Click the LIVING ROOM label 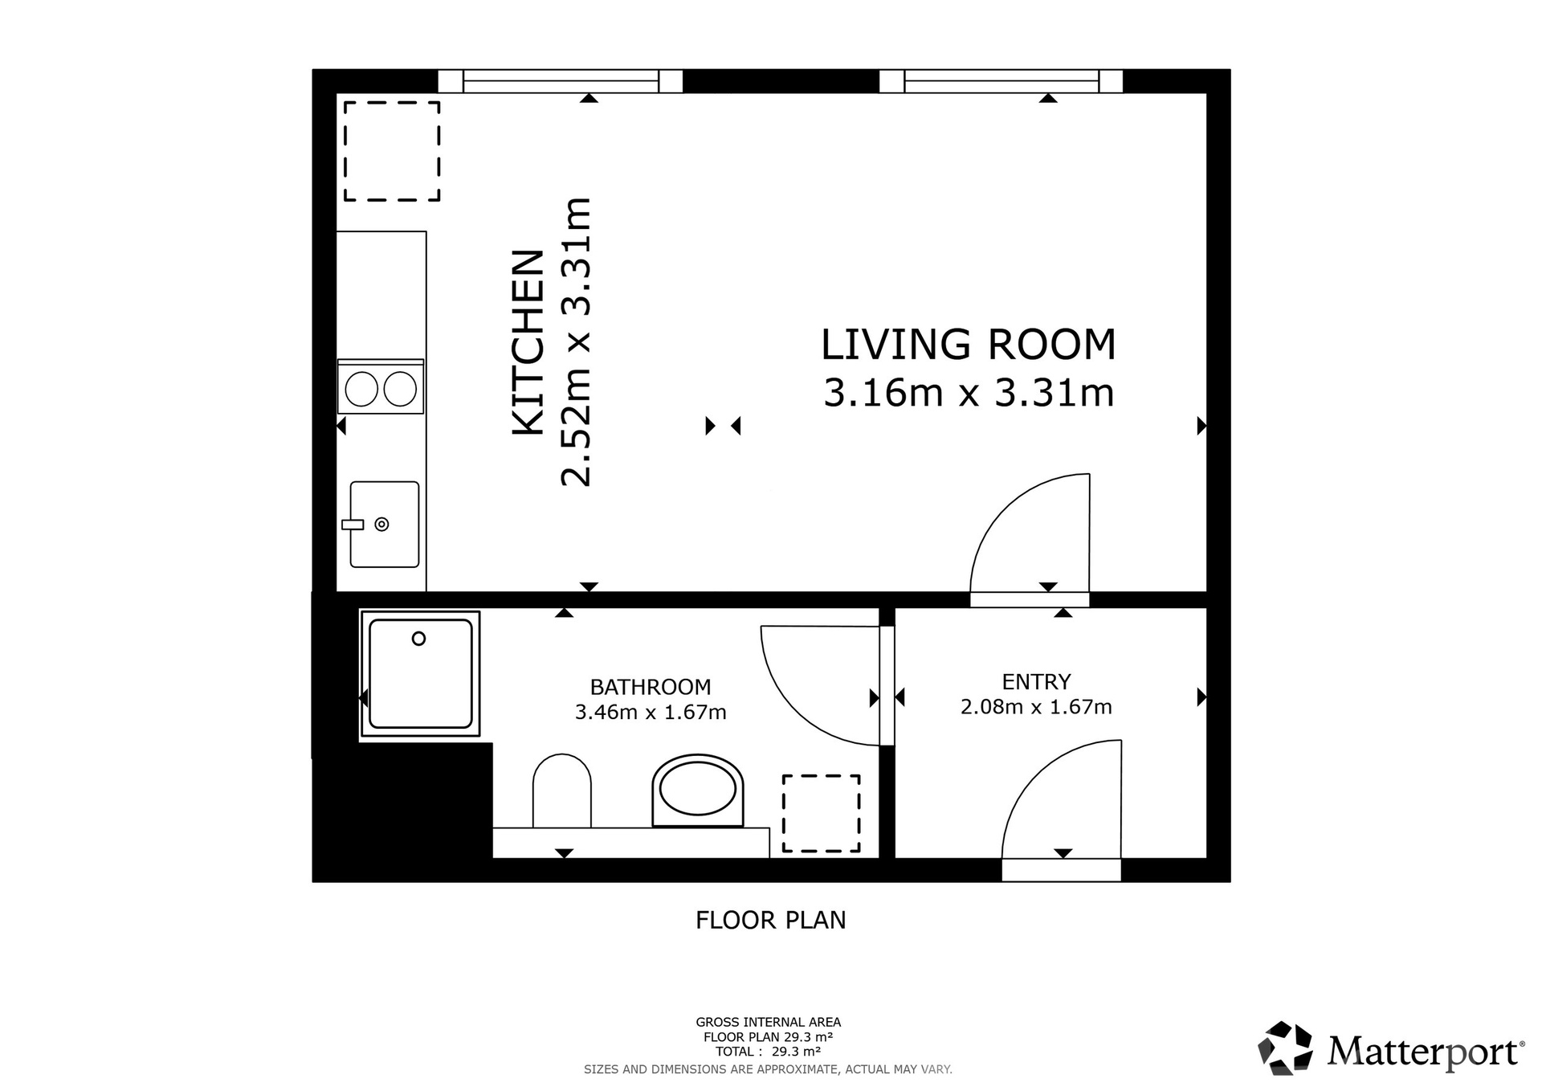968,344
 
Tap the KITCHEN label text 529,343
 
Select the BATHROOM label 651,687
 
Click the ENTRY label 1036,681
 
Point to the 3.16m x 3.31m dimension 969,393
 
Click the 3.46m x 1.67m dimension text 651,712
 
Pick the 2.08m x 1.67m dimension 1036,706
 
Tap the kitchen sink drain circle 382,525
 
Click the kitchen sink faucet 353,525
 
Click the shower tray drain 418,639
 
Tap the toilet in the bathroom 562,791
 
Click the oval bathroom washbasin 698,791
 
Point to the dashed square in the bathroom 822,813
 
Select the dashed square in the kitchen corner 392,151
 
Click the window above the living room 1001,81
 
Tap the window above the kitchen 561,81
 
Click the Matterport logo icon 1285,1048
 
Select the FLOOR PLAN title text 771,920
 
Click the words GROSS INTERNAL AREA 769,1022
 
